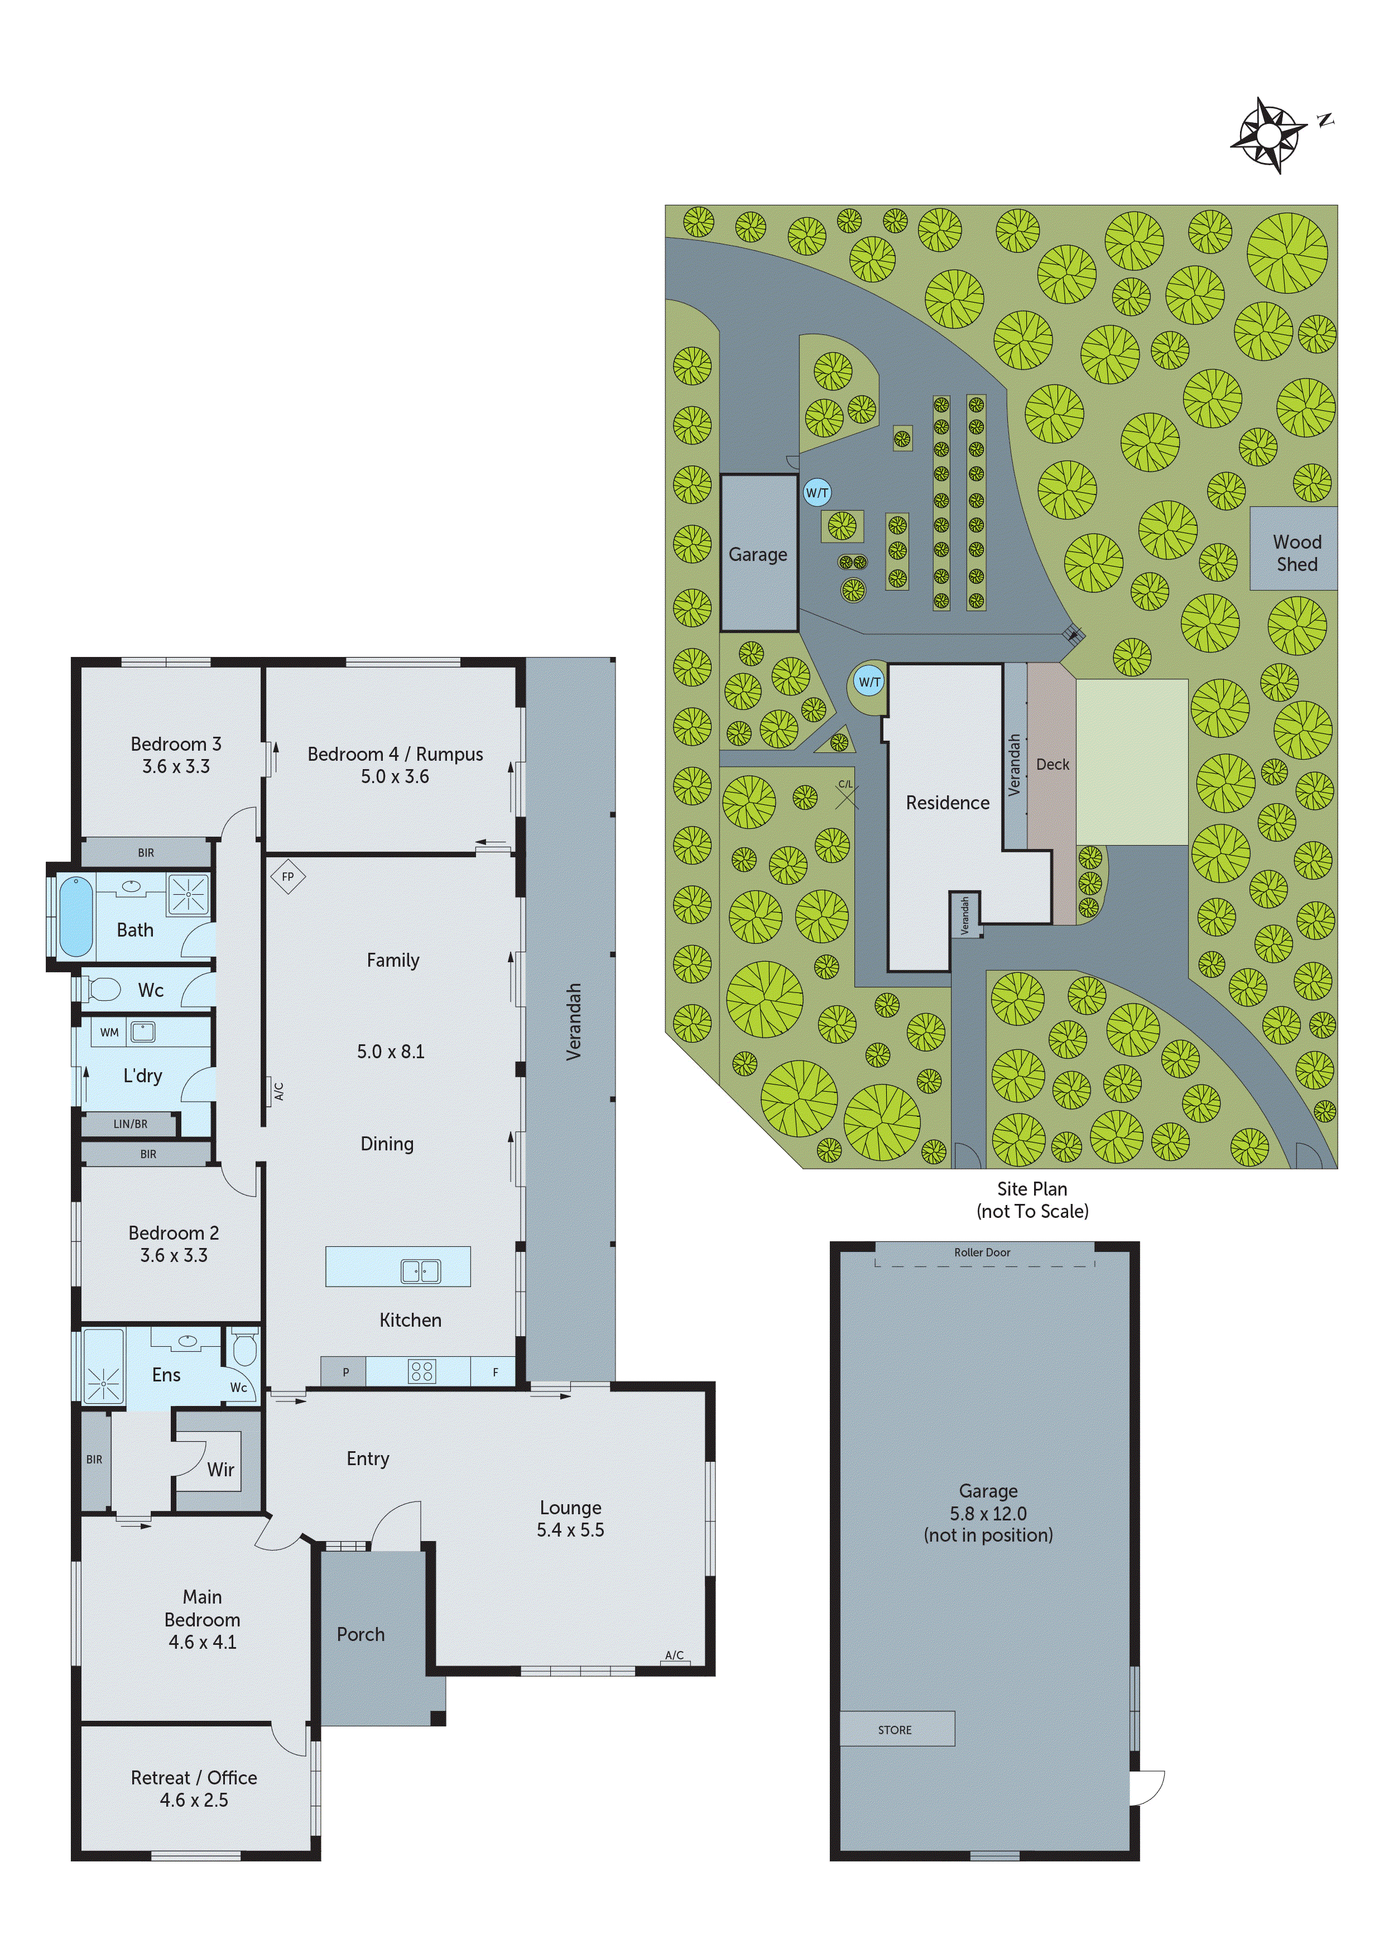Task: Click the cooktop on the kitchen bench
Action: click(422, 1371)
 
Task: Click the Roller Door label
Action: click(982, 1252)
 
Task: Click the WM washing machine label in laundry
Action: click(109, 1032)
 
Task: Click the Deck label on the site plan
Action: click(1053, 764)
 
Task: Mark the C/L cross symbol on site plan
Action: click(846, 798)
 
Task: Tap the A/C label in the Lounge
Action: click(674, 1655)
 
